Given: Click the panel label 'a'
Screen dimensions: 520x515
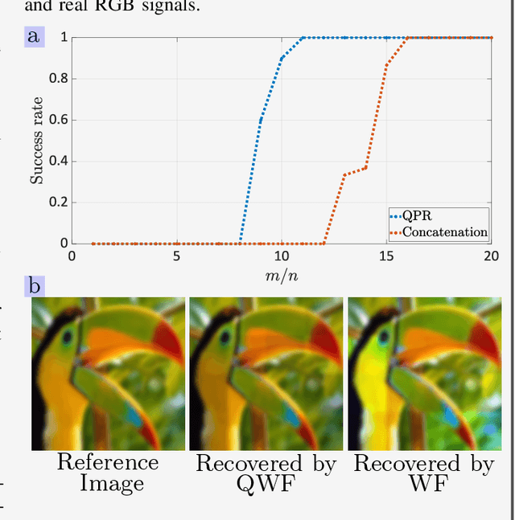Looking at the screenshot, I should [x=33, y=36].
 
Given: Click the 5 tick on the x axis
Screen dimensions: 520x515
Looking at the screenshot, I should [x=176, y=256].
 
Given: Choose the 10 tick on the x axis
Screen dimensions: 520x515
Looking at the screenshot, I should [x=282, y=256].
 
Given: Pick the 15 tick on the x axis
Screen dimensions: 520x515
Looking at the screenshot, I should [x=387, y=256].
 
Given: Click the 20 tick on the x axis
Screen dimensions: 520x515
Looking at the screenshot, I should [x=492, y=256].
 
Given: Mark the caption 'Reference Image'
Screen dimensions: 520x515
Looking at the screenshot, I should [x=108, y=473].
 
